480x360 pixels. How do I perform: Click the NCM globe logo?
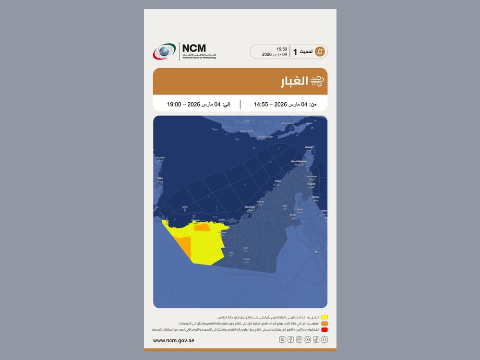164,51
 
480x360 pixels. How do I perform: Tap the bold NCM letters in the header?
194,48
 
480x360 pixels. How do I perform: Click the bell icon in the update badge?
320,51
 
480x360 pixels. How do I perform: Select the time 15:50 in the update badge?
282,49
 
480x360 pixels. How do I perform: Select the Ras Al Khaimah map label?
299,162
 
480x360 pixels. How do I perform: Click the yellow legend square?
324,317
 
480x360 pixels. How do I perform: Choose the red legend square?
324,330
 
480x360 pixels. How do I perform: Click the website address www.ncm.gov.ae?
173,340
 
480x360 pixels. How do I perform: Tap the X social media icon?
282,340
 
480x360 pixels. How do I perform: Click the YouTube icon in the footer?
308,340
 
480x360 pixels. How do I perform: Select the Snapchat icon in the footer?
324,340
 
